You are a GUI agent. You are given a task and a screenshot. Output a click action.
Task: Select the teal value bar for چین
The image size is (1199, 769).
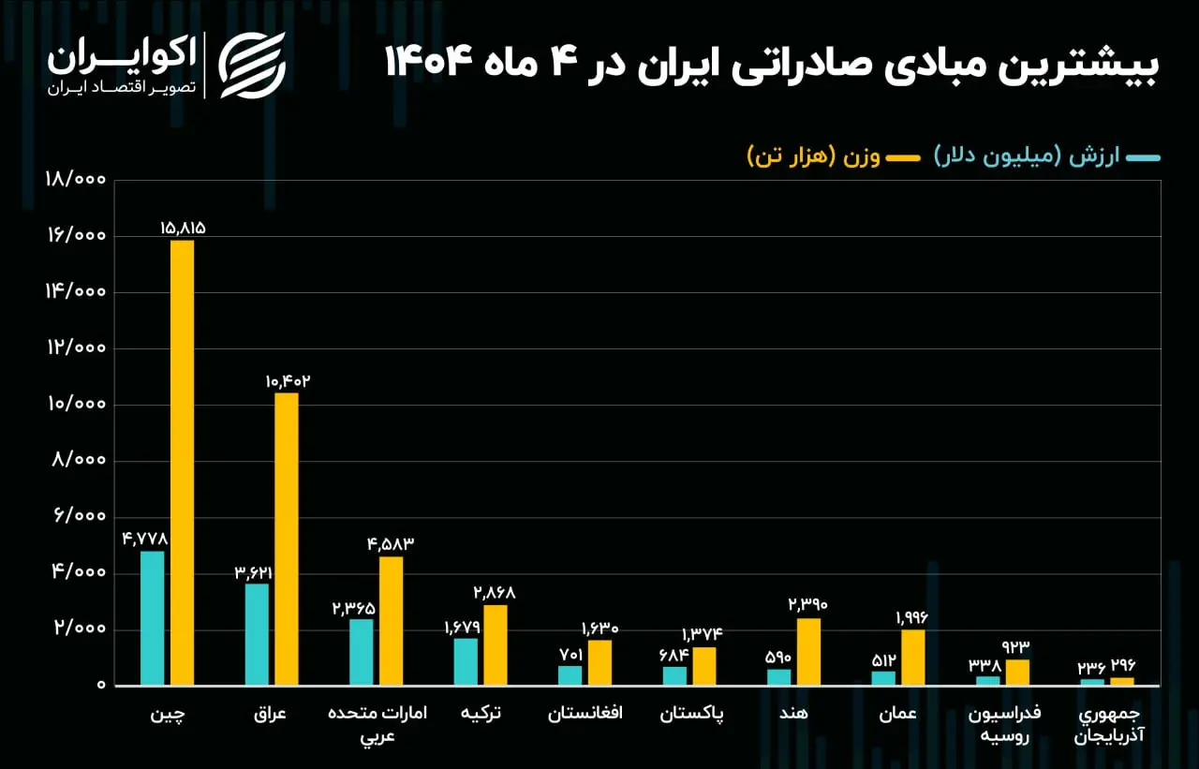pos(152,617)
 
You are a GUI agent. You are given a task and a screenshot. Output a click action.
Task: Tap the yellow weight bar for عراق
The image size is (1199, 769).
pos(287,539)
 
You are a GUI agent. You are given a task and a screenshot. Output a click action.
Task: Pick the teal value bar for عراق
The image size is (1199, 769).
pos(257,634)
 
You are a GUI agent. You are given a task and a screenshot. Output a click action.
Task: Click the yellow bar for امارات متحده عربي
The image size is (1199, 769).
pos(391,620)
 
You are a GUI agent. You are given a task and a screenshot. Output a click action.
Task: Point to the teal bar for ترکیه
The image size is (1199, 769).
pos(466,661)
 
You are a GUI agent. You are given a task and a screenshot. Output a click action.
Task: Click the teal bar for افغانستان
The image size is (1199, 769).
pos(570,674)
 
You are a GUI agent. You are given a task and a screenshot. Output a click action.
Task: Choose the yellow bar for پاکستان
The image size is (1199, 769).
pos(704,666)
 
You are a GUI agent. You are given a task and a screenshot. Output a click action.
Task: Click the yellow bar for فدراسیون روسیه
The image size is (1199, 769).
pos(1017,672)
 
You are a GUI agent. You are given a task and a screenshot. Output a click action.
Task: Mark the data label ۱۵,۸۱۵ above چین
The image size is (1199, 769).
pos(183,228)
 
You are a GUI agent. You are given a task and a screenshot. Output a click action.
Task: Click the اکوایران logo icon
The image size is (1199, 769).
pos(252,65)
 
